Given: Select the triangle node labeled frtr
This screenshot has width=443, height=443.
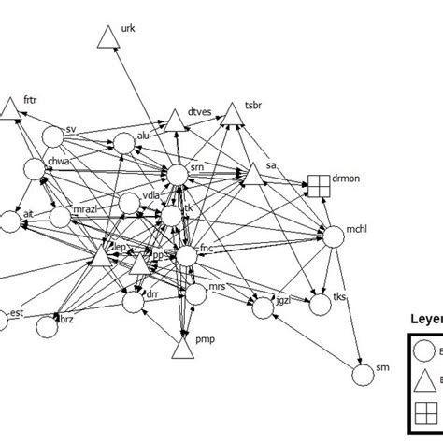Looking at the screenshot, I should click(x=10, y=110).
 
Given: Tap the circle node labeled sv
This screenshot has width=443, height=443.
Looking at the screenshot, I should click(x=56, y=136).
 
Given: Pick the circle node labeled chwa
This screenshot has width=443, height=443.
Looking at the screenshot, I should click(x=36, y=169).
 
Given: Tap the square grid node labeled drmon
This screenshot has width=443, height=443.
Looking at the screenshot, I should click(x=320, y=187).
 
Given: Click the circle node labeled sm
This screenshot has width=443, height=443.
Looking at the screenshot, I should click(x=363, y=375).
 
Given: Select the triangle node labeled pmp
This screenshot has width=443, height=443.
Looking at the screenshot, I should click(x=183, y=350).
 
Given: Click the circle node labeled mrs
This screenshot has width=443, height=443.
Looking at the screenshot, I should click(x=195, y=293).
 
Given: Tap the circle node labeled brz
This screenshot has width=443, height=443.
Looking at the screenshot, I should click(x=49, y=325).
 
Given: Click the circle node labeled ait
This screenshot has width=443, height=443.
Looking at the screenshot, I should click(x=10, y=221).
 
